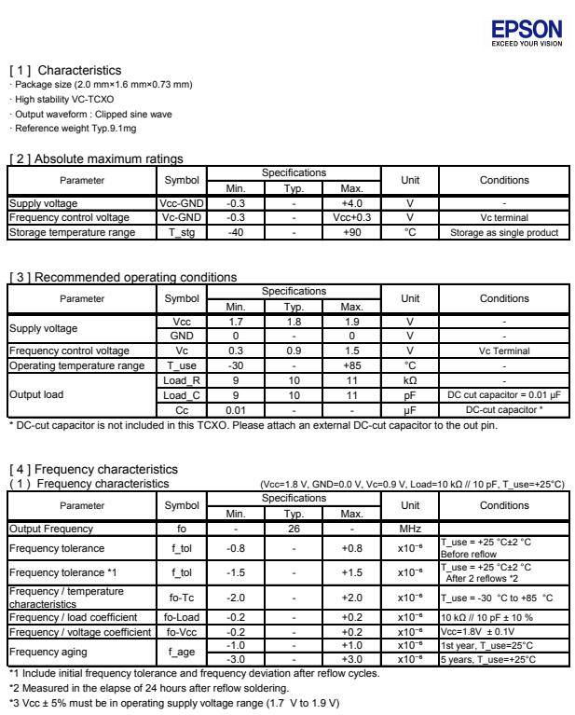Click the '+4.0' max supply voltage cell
(x=352, y=203)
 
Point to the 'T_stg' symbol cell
(x=177, y=232)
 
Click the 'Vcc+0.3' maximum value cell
(x=352, y=217)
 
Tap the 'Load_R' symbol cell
(x=177, y=380)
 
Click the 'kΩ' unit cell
(x=409, y=380)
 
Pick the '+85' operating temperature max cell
(x=352, y=365)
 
